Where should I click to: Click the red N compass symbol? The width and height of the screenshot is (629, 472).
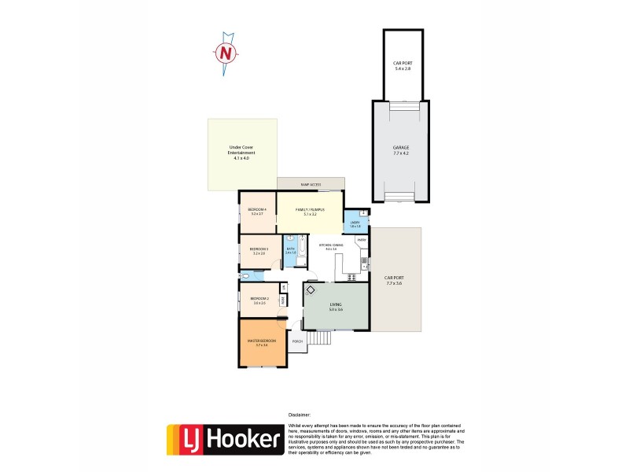pos(226,53)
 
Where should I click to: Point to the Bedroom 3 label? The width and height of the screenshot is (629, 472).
pos(259,251)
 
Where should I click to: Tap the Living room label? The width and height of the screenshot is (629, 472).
pos(336,308)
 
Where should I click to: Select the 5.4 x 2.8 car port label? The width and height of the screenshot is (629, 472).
pos(402,65)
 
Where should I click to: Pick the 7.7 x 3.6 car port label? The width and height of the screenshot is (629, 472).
pos(393,280)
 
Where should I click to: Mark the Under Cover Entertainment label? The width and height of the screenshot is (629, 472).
pos(241,153)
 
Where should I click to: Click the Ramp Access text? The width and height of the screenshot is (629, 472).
pos(311,184)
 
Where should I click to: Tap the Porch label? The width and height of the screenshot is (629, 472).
pos(297,341)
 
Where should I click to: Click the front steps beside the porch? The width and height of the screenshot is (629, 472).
pos(318,338)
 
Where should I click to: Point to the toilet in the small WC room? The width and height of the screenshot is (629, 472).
pos(246,276)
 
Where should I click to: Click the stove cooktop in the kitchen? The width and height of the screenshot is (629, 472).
pos(364,267)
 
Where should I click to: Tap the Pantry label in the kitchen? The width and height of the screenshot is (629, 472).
pos(361,240)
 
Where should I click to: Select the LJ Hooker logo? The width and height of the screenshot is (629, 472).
pos(224,440)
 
